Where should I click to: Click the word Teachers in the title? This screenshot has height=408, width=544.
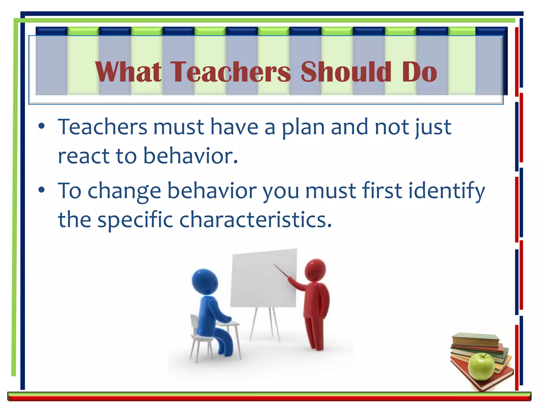tap(230, 72)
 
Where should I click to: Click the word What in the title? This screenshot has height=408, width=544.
tap(128, 72)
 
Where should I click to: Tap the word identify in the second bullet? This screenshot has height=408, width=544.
tap(447, 191)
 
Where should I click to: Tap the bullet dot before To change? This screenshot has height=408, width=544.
tap(41, 190)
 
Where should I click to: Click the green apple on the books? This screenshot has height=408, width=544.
tap(481, 367)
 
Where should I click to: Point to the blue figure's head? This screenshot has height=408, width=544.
tap(205, 282)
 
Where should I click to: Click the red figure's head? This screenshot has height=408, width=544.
tap(315, 270)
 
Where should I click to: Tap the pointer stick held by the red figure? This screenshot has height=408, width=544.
tap(280, 270)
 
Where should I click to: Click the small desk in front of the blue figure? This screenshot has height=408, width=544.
tap(229, 324)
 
